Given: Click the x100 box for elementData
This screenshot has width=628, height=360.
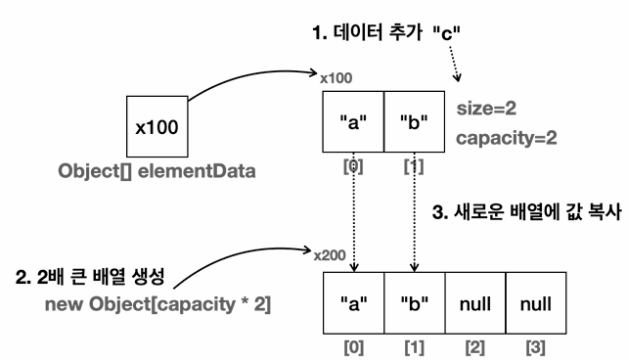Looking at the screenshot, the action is [x=157, y=126].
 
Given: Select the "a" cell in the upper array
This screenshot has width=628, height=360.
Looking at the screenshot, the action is [x=353, y=121].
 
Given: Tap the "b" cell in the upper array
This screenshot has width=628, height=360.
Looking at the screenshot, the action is [x=414, y=121].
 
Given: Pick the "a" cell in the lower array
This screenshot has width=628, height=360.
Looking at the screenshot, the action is [x=354, y=303].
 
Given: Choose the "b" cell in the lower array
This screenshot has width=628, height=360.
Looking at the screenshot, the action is [x=415, y=303].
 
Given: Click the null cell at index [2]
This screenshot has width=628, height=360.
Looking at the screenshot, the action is [x=475, y=303].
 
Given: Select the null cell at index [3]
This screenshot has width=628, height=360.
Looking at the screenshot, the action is [x=536, y=303].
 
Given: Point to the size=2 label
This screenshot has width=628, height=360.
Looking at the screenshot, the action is [x=486, y=109].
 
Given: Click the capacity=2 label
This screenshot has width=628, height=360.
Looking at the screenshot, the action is [x=507, y=138].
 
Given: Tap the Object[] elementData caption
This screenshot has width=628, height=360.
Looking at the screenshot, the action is [x=157, y=171].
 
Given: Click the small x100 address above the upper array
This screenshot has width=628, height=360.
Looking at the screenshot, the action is [x=336, y=78].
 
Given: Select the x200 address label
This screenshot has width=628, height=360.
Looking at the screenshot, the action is [x=330, y=255].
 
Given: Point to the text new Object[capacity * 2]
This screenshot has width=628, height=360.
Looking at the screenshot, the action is [x=157, y=304].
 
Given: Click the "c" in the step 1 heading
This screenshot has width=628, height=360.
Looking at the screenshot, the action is [x=447, y=33].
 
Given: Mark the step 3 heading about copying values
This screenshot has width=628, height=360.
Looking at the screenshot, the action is [x=526, y=212].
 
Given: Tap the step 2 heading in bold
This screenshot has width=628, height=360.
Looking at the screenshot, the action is [x=90, y=276].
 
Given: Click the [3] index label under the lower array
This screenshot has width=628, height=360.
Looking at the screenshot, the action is [x=536, y=347].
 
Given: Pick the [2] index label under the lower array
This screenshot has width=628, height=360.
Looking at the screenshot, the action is [x=475, y=347].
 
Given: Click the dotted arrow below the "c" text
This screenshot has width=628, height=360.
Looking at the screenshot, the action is [x=455, y=64].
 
